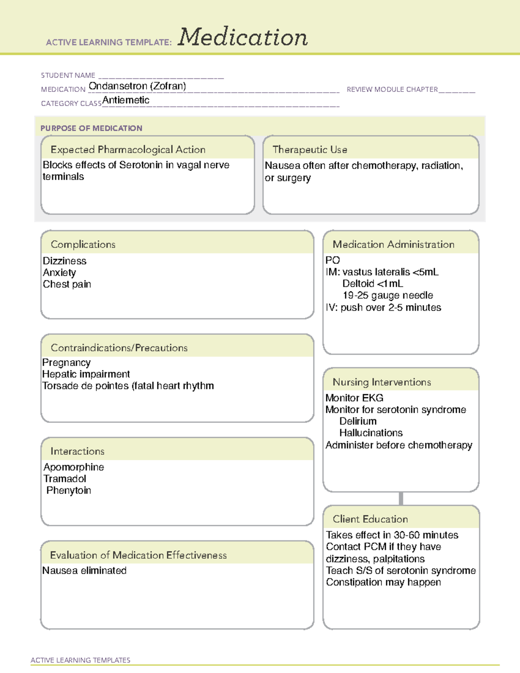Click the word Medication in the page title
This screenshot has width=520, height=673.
pos(243,37)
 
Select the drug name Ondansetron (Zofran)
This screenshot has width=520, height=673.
pos(137,86)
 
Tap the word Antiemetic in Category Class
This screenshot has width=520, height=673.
pos(126,100)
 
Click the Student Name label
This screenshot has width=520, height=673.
pos(68,75)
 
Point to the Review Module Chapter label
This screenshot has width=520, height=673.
pos(392,89)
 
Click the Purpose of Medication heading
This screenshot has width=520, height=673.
pos(91,128)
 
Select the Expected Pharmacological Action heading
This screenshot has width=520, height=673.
pos(128,150)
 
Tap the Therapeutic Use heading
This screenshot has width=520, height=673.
pos(310,150)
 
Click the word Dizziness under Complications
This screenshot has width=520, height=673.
pos(65,261)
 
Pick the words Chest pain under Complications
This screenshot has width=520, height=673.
pos(67,284)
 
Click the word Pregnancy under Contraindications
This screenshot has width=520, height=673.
pos(66,362)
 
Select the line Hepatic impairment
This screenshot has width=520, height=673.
pos(86,374)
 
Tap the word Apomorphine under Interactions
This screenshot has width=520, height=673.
pos(74,467)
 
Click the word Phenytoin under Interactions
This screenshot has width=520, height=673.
pos(68,491)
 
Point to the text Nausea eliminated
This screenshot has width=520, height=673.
pos(84,571)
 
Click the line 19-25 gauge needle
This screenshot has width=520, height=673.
pos(388,296)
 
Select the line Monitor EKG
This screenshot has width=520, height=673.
pos(354,398)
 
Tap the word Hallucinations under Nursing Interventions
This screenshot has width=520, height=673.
pos(371,433)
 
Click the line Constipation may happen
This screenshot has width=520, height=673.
pos(383,582)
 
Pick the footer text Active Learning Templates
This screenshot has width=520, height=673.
pos(81,660)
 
